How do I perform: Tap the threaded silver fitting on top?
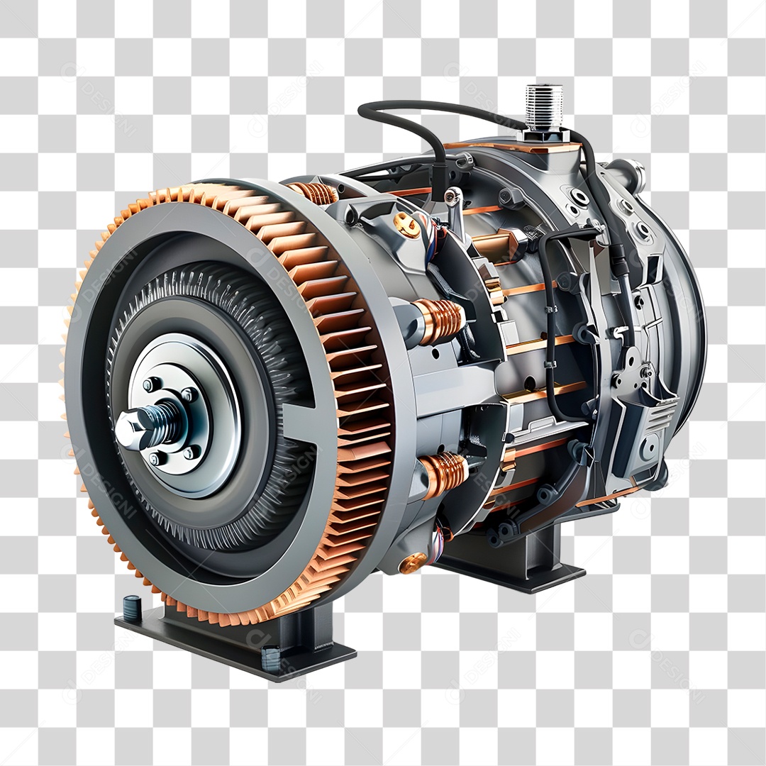[544, 106]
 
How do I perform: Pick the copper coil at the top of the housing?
[313, 192]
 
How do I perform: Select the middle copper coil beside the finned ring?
[439, 321]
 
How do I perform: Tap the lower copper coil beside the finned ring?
[443, 473]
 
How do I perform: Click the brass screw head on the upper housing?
[406, 225]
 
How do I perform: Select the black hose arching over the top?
[404, 117]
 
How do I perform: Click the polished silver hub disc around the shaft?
[213, 418]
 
